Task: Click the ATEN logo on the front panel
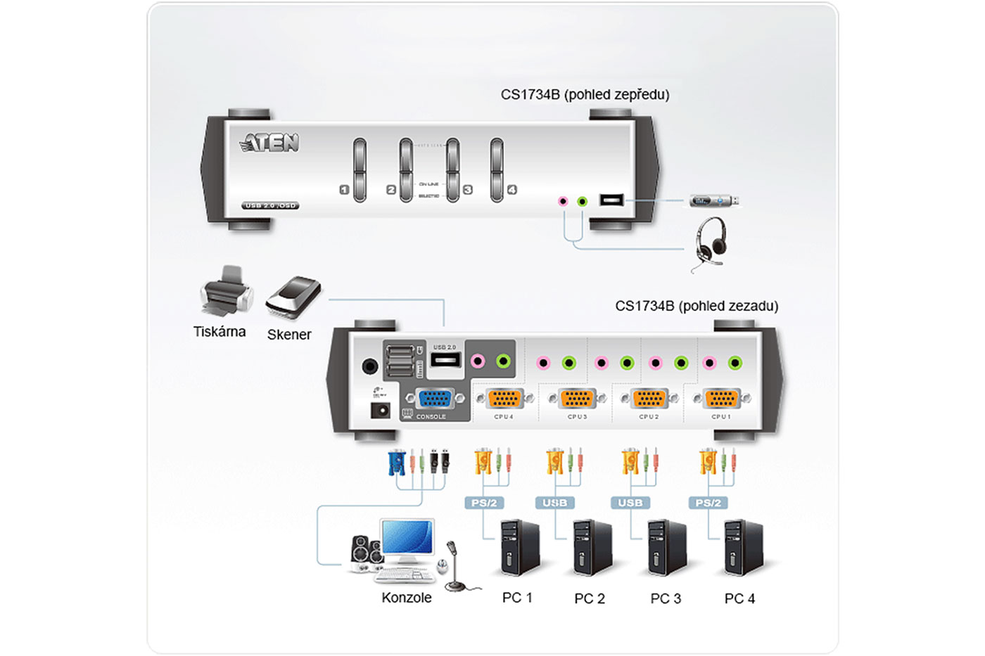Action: (269, 143)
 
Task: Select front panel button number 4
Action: (497, 169)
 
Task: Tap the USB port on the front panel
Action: (611, 200)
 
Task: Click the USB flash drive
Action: (713, 201)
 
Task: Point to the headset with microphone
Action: (709, 243)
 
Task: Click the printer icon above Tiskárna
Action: (226, 291)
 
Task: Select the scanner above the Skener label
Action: (293, 295)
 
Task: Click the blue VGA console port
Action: (436, 399)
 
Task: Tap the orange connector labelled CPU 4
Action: (504, 399)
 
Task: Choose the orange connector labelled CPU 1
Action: (721, 399)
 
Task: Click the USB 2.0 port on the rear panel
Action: (445, 360)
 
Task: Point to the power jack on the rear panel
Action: (380, 410)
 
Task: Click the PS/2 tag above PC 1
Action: (484, 503)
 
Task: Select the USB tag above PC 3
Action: (630, 503)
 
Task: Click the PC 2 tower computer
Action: (591, 548)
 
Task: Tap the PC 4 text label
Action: (739, 598)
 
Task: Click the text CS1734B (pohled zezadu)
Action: (697, 306)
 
